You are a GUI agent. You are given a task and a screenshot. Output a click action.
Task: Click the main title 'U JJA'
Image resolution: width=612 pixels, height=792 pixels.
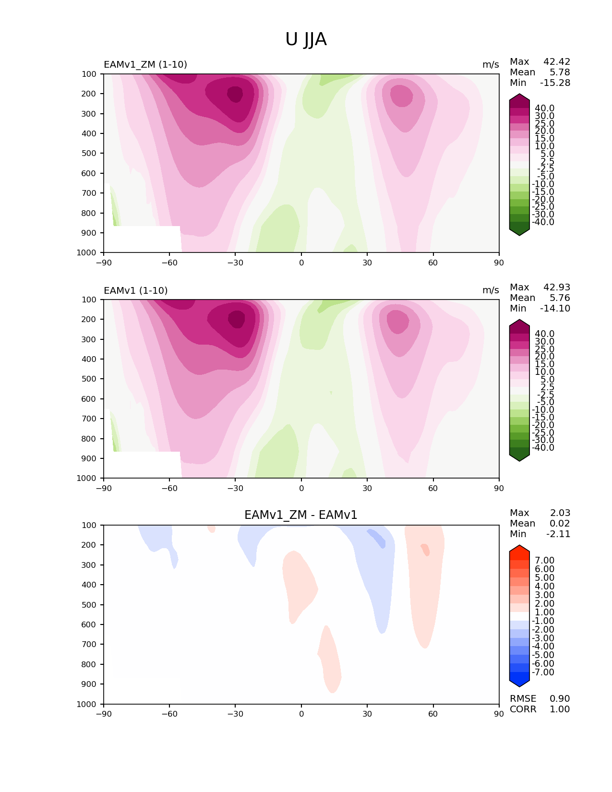[306, 39]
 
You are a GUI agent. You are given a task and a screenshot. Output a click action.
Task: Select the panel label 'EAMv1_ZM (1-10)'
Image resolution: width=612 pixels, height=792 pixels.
[145, 65]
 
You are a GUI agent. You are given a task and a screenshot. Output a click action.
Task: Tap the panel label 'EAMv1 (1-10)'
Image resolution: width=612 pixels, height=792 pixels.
[136, 290]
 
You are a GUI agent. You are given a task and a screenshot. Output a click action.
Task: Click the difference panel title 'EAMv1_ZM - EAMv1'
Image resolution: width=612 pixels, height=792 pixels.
[301, 515]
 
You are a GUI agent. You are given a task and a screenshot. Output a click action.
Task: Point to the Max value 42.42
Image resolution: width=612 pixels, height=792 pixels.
[557, 62]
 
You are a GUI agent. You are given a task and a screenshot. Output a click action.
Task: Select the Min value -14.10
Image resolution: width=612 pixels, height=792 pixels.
[555, 309]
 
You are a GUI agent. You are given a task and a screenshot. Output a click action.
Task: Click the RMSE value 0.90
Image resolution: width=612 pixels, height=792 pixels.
[560, 698]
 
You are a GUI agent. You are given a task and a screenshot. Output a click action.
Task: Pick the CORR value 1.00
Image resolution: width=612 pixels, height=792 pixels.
[560, 709]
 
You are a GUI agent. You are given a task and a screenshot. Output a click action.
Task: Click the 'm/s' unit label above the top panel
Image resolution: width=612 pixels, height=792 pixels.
[491, 65]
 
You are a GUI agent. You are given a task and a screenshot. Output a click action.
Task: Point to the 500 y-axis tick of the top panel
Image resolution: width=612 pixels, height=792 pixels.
[89, 153]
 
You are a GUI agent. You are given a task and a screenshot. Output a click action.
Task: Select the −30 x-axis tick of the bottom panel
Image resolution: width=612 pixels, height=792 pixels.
[235, 714]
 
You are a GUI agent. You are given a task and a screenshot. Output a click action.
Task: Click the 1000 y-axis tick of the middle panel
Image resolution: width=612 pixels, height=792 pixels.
[87, 478]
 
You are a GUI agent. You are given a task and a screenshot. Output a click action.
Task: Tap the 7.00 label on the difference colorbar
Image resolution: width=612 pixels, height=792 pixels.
[544, 561]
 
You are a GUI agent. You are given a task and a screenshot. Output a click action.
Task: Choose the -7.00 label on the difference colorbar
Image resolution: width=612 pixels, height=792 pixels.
[543, 672]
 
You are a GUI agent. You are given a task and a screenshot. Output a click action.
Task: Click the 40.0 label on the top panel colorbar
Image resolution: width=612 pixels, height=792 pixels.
[544, 108]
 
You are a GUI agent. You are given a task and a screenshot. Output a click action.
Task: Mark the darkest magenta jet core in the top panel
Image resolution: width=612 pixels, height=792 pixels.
[235, 94]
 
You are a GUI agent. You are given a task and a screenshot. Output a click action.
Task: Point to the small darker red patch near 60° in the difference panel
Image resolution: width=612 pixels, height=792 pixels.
[425, 550]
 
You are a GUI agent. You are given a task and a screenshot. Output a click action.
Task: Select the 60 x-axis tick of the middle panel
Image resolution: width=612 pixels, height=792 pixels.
[433, 488]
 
